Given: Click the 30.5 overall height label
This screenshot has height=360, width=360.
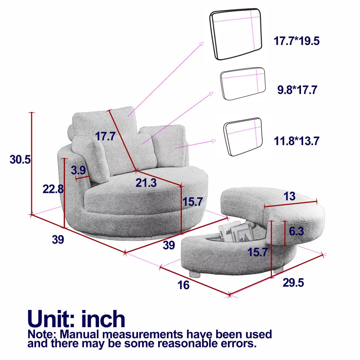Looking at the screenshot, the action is (20, 159).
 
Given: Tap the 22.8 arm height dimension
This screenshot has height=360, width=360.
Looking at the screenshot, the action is (53, 189).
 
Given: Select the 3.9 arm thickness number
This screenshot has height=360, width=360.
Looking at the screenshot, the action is (78, 170).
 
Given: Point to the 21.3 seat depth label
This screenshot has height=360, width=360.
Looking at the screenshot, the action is (146, 183).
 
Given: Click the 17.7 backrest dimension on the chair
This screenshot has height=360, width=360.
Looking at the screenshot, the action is (105, 136).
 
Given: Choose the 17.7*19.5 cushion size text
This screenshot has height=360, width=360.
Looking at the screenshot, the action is (296, 41).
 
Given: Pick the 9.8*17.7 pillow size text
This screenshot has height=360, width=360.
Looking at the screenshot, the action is (297, 90).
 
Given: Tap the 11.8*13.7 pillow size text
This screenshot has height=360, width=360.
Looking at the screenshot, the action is (296, 141).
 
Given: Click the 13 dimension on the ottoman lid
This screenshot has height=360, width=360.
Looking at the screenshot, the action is (289, 196).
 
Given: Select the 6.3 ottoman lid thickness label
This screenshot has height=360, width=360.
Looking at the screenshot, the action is (296, 231).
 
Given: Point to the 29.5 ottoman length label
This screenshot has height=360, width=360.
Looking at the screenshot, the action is (293, 282).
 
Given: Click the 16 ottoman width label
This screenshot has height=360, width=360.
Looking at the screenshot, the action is (183, 285).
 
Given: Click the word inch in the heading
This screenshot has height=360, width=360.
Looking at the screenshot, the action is (103, 319).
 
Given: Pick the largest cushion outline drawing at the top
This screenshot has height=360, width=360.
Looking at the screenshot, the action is (235, 34).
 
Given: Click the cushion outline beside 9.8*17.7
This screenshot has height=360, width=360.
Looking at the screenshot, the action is (243, 84).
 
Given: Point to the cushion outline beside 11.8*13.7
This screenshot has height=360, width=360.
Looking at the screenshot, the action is (243, 137).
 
